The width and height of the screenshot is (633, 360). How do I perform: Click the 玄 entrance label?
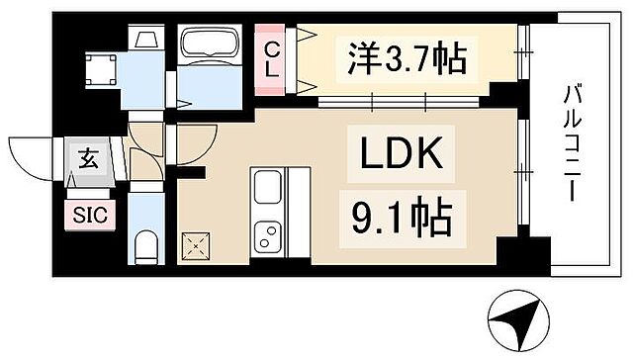pyautogui.click(x=87, y=157)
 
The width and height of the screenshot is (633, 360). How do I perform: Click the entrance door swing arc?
pyautogui.click(x=30, y=156)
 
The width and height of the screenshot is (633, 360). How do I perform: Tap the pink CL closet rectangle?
pyautogui.click(x=269, y=60)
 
